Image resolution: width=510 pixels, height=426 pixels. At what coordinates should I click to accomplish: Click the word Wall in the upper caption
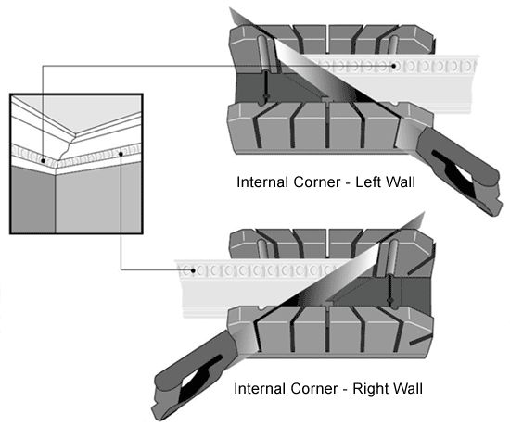pyautogui.click(x=401, y=182)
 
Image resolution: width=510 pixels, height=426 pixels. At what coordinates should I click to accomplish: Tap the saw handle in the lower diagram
pyautogui.click(x=195, y=374)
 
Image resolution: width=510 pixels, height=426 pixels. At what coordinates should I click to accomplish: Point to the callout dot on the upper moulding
pyautogui.click(x=394, y=66)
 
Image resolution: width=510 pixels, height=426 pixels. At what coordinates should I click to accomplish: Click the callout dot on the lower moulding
pyautogui.click(x=193, y=270)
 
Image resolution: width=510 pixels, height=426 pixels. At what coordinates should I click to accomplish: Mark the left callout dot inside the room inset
pyautogui.click(x=43, y=161)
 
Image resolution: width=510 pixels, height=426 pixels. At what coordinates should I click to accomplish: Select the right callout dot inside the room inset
pyautogui.click(x=121, y=154)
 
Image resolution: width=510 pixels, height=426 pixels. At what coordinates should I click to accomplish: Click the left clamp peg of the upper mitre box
pyautogui.click(x=264, y=55)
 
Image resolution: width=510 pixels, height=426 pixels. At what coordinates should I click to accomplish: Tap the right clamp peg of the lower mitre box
pyautogui.click(x=394, y=258)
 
